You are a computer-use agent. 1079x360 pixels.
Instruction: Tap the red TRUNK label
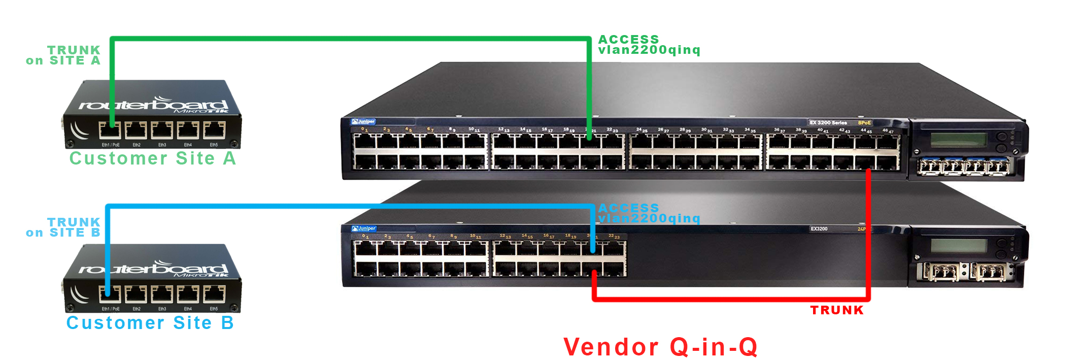[837, 310]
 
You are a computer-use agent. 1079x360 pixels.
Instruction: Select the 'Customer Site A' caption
[153, 158]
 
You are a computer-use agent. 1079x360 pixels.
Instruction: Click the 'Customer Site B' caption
[150, 323]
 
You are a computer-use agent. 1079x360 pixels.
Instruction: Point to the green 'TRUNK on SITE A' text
[64, 55]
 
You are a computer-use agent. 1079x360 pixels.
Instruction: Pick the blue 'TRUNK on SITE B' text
[64, 227]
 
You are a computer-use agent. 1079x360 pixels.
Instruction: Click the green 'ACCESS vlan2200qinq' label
[649, 45]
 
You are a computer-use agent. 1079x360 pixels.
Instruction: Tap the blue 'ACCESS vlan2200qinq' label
[649, 213]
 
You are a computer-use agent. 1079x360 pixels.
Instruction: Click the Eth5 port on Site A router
[214, 130]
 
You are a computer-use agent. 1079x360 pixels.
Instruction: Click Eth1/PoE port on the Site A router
[110, 130]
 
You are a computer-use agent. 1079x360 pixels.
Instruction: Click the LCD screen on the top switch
[958, 140]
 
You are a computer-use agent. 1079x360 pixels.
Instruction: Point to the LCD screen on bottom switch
[958, 246]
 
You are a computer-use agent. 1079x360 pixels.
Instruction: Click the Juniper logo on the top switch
[363, 121]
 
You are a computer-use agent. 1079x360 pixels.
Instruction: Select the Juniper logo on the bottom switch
[364, 228]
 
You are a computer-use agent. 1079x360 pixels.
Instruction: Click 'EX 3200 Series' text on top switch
[828, 123]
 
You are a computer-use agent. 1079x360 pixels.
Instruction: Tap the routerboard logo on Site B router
[152, 269]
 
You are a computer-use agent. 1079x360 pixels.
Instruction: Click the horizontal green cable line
[350, 39]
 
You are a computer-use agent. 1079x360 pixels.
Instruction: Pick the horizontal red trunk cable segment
[731, 300]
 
